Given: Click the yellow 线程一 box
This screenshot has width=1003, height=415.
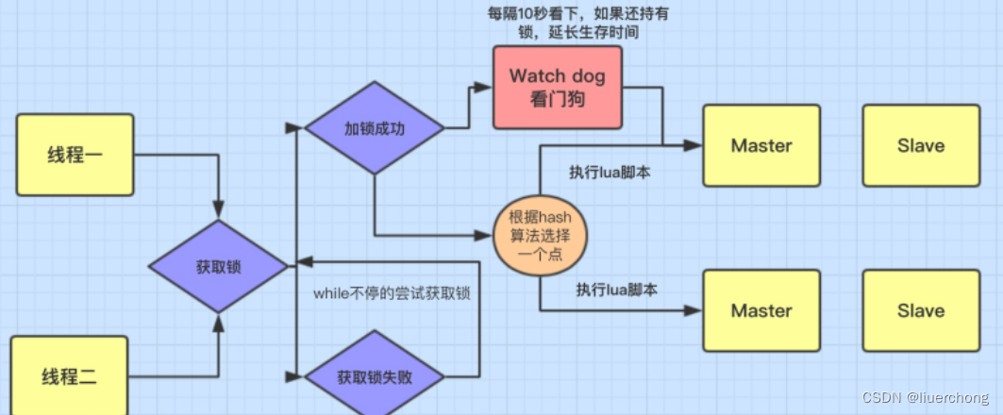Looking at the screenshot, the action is tap(75, 155).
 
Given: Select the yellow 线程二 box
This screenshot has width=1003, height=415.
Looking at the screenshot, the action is tap(69, 375).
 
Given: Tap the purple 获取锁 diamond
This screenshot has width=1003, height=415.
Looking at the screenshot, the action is tap(219, 267).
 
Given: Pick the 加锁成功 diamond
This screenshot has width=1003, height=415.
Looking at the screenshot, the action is tap(375, 128).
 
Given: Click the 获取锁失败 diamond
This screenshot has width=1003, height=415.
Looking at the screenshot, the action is tap(375, 377).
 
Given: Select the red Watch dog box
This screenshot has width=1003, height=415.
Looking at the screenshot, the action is tap(557, 87).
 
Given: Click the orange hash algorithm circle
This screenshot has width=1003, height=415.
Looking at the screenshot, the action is tap(539, 235).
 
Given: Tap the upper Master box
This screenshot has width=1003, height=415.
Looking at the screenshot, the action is tap(761, 146).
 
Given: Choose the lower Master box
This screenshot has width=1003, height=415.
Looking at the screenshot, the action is tap(761, 310).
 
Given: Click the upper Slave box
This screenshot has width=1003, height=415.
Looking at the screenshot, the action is tap(921, 146).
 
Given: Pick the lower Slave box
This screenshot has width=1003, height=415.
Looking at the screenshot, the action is tap(921, 310).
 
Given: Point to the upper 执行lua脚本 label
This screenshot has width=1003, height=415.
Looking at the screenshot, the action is tap(610, 173).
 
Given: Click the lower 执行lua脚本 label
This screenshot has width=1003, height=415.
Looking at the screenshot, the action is tap(617, 290).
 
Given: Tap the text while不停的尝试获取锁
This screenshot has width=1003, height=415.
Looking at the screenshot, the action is tap(392, 293).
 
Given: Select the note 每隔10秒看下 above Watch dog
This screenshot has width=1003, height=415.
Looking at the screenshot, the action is tap(577, 23).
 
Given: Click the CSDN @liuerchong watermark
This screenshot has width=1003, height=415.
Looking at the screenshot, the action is tap(925, 397).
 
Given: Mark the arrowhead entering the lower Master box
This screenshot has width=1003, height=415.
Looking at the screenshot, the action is tap(694, 310).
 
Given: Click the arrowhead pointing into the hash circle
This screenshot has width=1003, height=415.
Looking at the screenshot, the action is tap(485, 235).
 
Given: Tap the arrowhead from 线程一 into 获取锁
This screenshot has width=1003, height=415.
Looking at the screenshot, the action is tap(219, 211).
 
